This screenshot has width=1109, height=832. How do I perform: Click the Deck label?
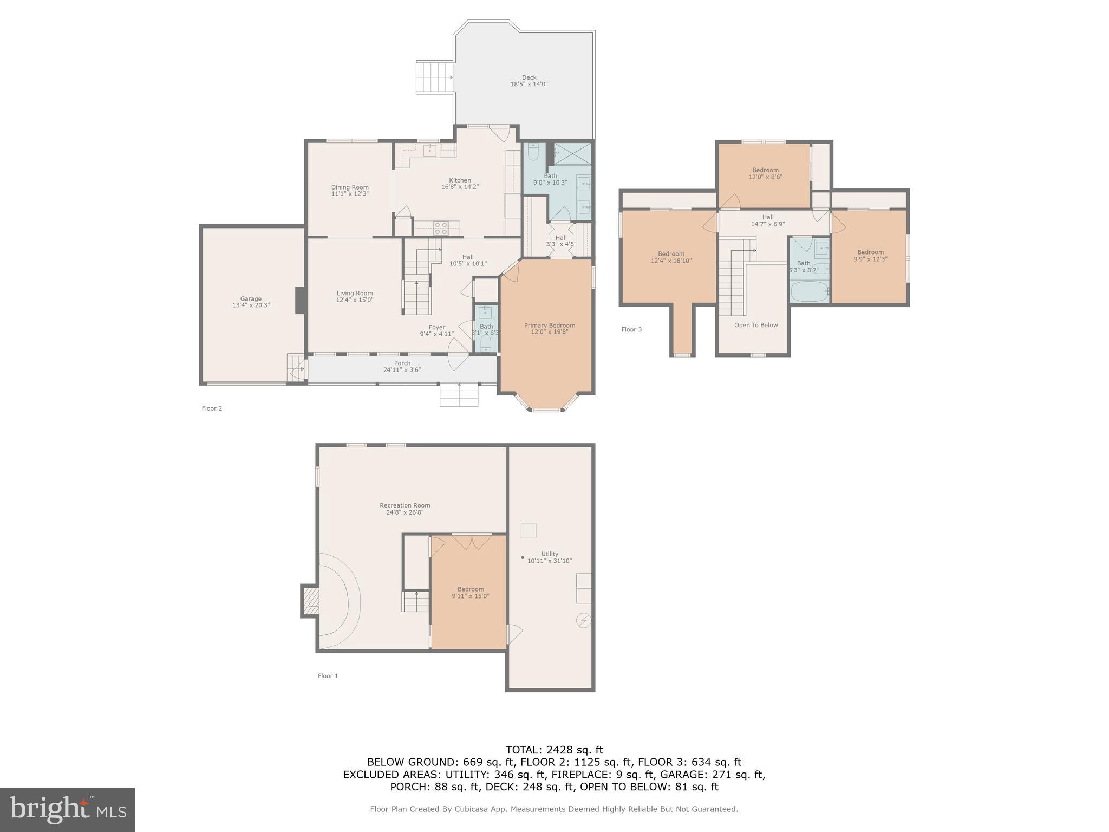pyautogui.click(x=529, y=77)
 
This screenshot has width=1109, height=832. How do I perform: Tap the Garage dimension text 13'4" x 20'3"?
pyautogui.click(x=251, y=305)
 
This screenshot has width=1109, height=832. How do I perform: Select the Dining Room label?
pyautogui.click(x=350, y=187)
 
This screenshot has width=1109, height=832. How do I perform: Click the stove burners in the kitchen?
pyautogui.click(x=440, y=227)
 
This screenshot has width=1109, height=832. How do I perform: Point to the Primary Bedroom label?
pyautogui.click(x=549, y=326)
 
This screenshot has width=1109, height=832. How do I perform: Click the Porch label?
pyautogui.click(x=402, y=363)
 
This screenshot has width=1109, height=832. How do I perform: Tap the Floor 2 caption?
pyautogui.click(x=212, y=408)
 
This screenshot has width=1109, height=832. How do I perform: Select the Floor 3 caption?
pyautogui.click(x=631, y=329)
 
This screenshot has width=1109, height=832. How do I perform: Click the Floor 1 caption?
pyautogui.click(x=328, y=676)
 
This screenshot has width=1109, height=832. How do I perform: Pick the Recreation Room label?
pyautogui.click(x=405, y=505)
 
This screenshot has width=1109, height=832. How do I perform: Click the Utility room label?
pyautogui.click(x=549, y=554)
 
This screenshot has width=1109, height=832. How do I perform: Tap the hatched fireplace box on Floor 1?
pyautogui.click(x=311, y=601)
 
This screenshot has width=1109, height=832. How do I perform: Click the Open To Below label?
pyautogui.click(x=755, y=326)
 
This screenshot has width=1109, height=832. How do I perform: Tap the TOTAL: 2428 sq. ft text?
pyautogui.click(x=554, y=750)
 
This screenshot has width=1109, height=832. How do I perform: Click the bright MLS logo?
pyautogui.click(x=67, y=809)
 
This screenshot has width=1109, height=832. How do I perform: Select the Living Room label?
pyautogui.click(x=354, y=294)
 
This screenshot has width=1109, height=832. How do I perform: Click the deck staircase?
pyautogui.click(x=434, y=77)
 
